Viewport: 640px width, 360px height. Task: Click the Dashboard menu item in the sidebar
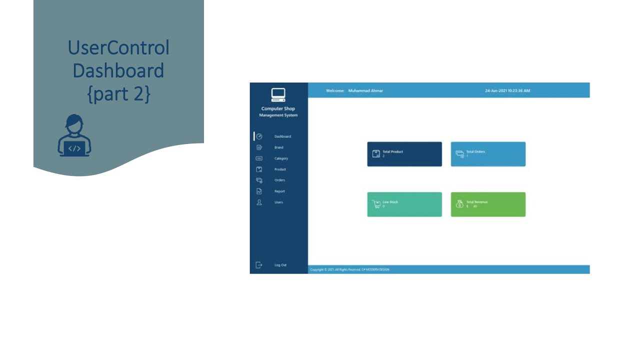(x=282, y=136)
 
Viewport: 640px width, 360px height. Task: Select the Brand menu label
(x=278, y=147)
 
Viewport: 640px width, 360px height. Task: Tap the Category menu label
(x=281, y=158)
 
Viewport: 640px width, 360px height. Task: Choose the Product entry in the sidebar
(x=280, y=169)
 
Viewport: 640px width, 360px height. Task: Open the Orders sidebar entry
(x=279, y=180)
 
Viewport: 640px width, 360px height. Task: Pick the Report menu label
(x=279, y=191)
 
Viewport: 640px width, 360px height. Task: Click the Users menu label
(x=278, y=202)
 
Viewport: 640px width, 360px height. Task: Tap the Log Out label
(x=280, y=265)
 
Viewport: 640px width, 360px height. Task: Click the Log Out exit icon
(x=259, y=265)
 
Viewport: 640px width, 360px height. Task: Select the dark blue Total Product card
(x=404, y=154)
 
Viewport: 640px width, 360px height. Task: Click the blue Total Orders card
(x=488, y=154)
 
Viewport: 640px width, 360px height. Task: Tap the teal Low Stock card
(x=404, y=204)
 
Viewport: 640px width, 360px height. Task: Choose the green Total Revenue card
(x=488, y=204)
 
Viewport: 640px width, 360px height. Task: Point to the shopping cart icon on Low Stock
(x=376, y=204)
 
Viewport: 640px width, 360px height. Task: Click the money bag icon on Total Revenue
(x=459, y=204)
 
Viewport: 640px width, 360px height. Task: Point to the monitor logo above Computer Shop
(x=278, y=94)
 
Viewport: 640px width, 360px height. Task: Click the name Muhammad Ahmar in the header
(x=365, y=91)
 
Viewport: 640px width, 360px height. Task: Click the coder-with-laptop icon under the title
(x=74, y=136)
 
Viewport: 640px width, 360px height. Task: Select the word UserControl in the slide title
(x=118, y=48)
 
